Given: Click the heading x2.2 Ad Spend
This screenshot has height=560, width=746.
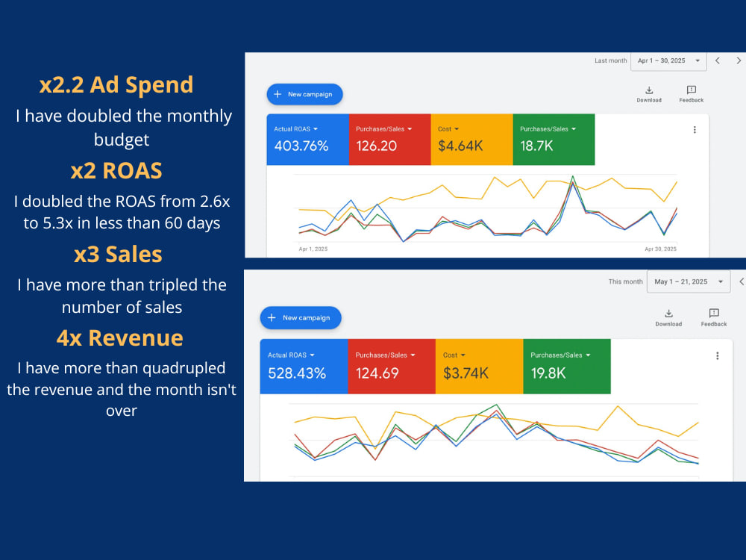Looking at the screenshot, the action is click(x=116, y=85).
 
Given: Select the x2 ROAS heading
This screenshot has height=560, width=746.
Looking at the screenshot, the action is click(x=116, y=171).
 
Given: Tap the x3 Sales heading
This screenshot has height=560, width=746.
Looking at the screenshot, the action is click(x=118, y=255).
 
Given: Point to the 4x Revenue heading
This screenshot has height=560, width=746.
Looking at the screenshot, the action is click(x=120, y=338).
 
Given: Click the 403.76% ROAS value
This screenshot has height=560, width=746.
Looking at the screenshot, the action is click(x=301, y=146).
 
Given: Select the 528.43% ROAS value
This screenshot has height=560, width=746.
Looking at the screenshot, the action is click(x=297, y=373).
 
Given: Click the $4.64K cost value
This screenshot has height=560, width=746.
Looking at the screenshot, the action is click(x=460, y=146).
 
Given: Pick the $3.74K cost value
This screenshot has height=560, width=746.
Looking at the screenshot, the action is click(x=466, y=373).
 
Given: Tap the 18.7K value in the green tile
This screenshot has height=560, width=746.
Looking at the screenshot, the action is click(x=536, y=146).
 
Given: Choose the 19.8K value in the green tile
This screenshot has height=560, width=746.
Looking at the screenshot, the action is click(x=548, y=373).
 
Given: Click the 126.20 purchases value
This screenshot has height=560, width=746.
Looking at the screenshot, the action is click(x=376, y=146).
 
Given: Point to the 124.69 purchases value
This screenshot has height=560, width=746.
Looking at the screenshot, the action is click(x=377, y=373).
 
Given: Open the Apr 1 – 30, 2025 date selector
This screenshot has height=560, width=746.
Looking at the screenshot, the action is click(x=668, y=61).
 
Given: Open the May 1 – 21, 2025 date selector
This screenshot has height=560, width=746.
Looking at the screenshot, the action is click(x=689, y=282).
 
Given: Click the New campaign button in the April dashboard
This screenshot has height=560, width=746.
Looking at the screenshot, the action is click(x=304, y=94).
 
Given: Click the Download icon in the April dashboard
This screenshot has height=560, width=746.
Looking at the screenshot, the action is click(x=649, y=90).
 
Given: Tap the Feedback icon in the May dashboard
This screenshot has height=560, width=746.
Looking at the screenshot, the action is click(x=714, y=313).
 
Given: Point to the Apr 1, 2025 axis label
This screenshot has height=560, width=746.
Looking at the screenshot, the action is click(x=313, y=249).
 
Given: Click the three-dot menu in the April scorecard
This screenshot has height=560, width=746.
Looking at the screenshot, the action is click(x=695, y=129).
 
